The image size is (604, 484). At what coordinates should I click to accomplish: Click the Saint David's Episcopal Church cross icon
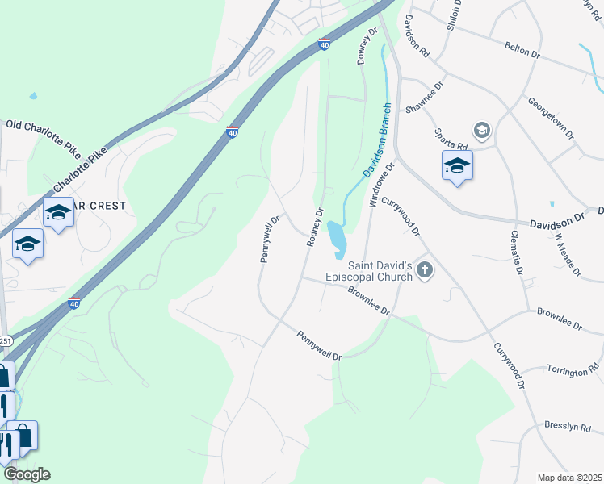424,271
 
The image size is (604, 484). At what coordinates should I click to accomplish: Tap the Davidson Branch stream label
377,140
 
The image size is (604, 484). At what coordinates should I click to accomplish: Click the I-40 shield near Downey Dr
324,45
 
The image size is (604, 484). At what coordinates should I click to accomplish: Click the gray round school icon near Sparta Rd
482,130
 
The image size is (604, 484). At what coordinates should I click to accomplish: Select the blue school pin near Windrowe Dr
457,166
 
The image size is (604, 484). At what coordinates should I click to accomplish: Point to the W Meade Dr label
568,256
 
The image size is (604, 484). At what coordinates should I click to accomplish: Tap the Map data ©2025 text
568,478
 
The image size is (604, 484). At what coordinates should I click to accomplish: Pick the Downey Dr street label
367,47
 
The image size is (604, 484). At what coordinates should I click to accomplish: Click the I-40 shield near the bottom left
73,303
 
